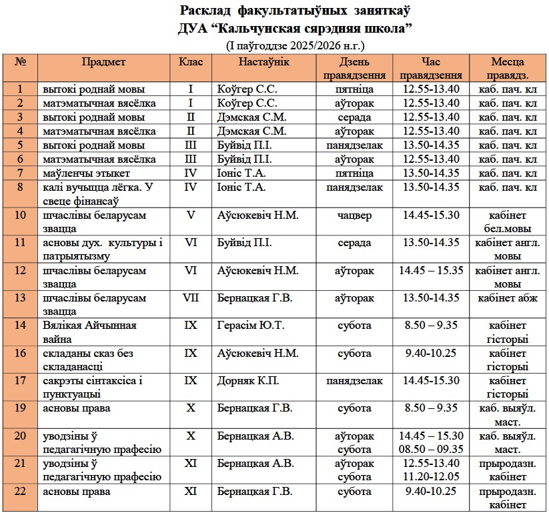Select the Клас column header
coord(191,62)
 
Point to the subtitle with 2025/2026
coord(296,45)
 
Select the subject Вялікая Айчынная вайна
coord(89,332)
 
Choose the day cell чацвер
coord(355,215)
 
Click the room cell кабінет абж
coord(507,298)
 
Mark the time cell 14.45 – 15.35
coord(431,271)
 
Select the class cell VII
coord(191,298)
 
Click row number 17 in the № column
coord(20,381)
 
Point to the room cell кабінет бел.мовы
coord(507,222)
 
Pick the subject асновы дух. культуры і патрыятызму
coord(103,249)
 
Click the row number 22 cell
coord(20,492)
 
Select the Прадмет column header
coord(103,62)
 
